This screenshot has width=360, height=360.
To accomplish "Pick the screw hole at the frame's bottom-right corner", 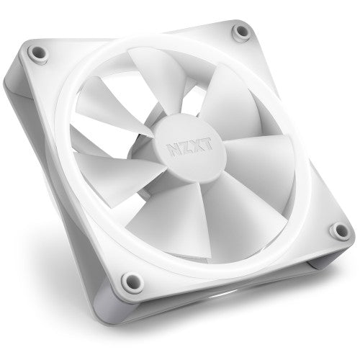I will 336,230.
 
